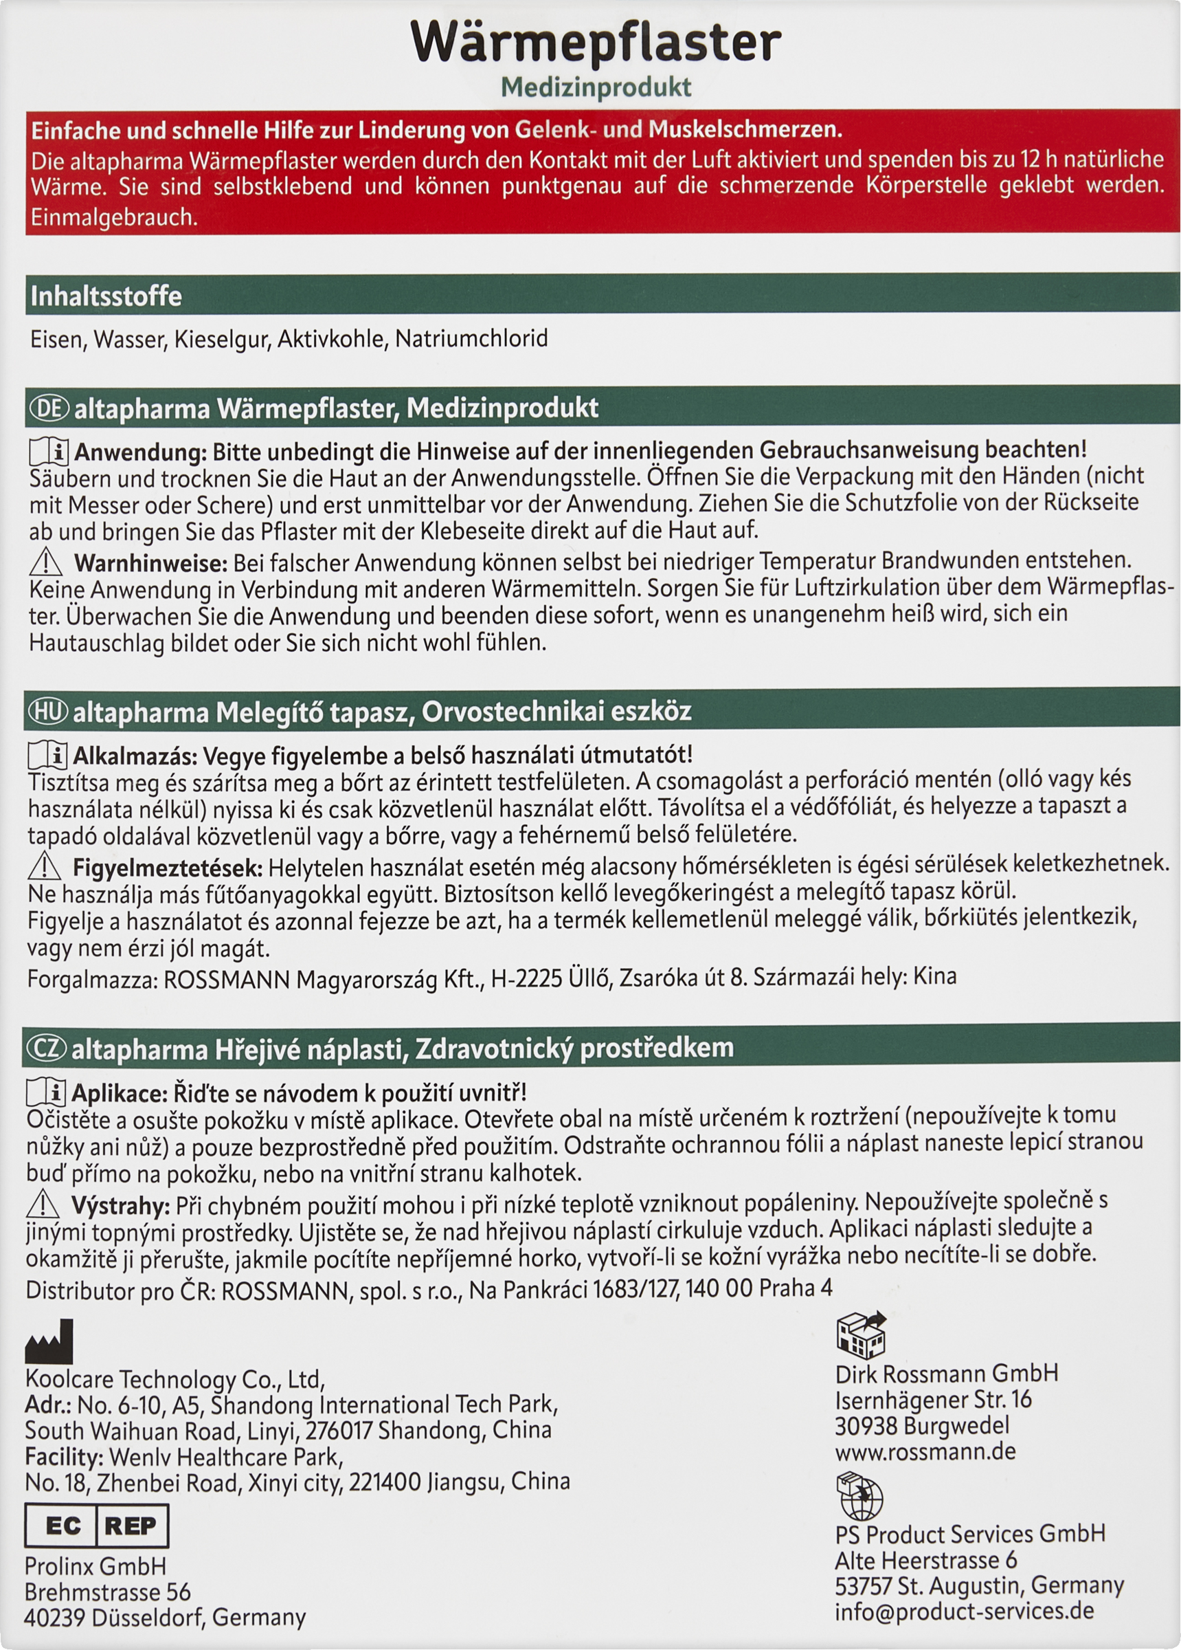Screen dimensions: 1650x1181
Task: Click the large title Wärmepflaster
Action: pyautogui.click(x=596, y=42)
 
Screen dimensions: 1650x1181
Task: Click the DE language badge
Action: pyautogui.click(x=48, y=408)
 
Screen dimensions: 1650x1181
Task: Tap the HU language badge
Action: pyautogui.click(x=47, y=712)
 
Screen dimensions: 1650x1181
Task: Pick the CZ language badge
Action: pyautogui.click(x=46, y=1048)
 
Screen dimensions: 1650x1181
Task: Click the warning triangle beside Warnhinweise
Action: pyautogui.click(x=46, y=562)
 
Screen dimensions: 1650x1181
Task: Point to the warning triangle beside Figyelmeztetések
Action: pyautogui.click(x=45, y=866)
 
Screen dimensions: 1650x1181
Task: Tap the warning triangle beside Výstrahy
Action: pyautogui.click(x=43, y=1204)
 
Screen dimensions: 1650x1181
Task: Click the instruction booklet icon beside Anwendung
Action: pyautogui.click(x=49, y=452)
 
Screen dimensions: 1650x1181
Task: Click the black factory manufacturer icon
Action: pyautogui.click(x=49, y=1341)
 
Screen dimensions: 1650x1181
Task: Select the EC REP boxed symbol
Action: pyautogui.click(x=96, y=1526)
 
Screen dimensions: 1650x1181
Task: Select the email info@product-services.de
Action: pyautogui.click(x=965, y=1610)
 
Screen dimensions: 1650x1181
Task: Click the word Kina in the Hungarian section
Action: pyautogui.click(x=934, y=976)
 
